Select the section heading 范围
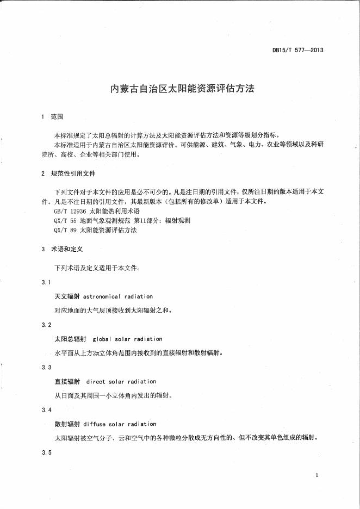[x=57, y=117]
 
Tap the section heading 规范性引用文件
[x=73, y=173]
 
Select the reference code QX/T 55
[x=65, y=220]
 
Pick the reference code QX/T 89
[x=65, y=230]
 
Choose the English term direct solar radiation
[x=121, y=382]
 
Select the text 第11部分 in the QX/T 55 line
[x=157, y=220]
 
